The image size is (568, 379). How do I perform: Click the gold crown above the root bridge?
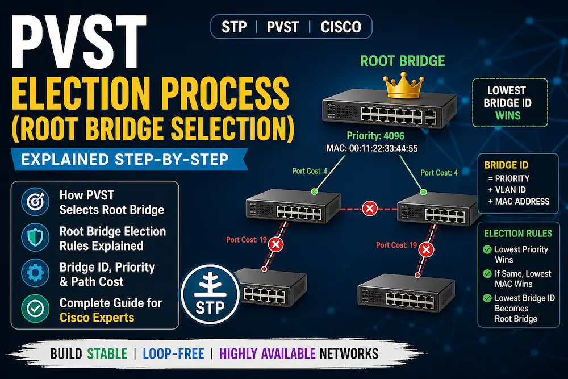403,85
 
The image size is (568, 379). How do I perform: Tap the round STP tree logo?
210,294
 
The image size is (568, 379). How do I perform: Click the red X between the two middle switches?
370,209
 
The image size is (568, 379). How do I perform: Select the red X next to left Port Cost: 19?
275,244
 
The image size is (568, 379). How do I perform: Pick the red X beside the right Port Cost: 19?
426,249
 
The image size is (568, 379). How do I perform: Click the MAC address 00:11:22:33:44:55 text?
372,148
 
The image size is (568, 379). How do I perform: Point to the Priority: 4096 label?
375,136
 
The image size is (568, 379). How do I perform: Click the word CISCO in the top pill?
341,27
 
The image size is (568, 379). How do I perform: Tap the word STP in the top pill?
234,27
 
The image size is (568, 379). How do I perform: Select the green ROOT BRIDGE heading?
403,61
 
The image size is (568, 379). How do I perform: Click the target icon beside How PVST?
35,202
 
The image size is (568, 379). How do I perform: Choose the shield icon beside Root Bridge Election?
35,238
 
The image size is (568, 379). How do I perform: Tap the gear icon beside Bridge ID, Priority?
35,273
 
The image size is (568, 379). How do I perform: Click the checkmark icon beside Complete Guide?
35,309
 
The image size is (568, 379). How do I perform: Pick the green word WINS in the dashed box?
508,116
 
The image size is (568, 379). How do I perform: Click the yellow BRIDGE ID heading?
506,165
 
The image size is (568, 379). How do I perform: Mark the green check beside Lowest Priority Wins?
487,249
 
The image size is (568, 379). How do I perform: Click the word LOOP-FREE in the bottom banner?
173,353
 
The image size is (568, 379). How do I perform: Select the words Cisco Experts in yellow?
97,318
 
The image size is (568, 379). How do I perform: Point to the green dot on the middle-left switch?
315,191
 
